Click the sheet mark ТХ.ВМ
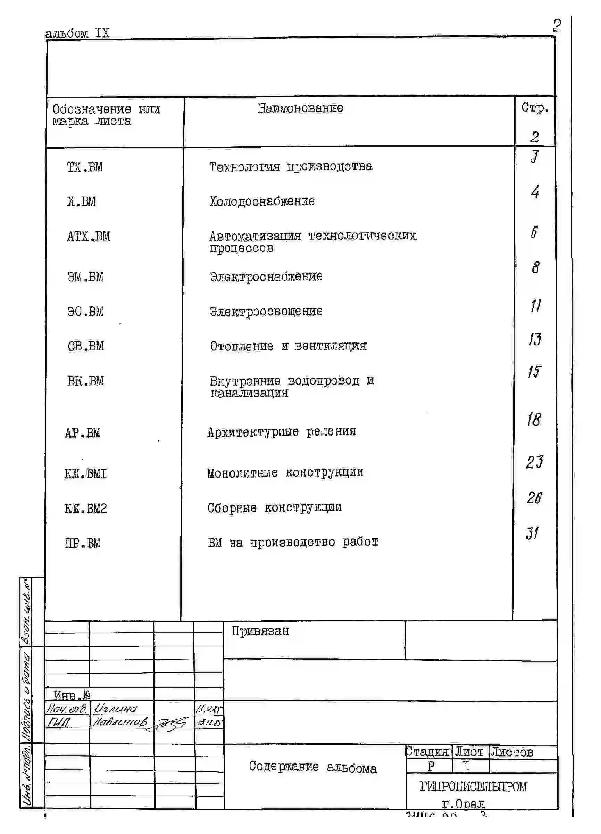point(85,167)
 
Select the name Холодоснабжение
point(262,201)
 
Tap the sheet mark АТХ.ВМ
point(88,237)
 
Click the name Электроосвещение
point(266,312)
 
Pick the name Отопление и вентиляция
point(288,346)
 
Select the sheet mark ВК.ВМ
point(85,381)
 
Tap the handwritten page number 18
point(534,420)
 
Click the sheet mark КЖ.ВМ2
point(86,509)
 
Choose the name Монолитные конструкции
point(285,472)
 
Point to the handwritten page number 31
point(532,533)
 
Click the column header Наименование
point(300,108)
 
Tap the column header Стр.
point(535,108)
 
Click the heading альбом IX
point(77,33)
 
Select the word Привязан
point(260,631)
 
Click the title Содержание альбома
point(313,767)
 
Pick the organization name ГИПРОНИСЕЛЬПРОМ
point(473,786)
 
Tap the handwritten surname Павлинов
point(120,722)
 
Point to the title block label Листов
point(512,752)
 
